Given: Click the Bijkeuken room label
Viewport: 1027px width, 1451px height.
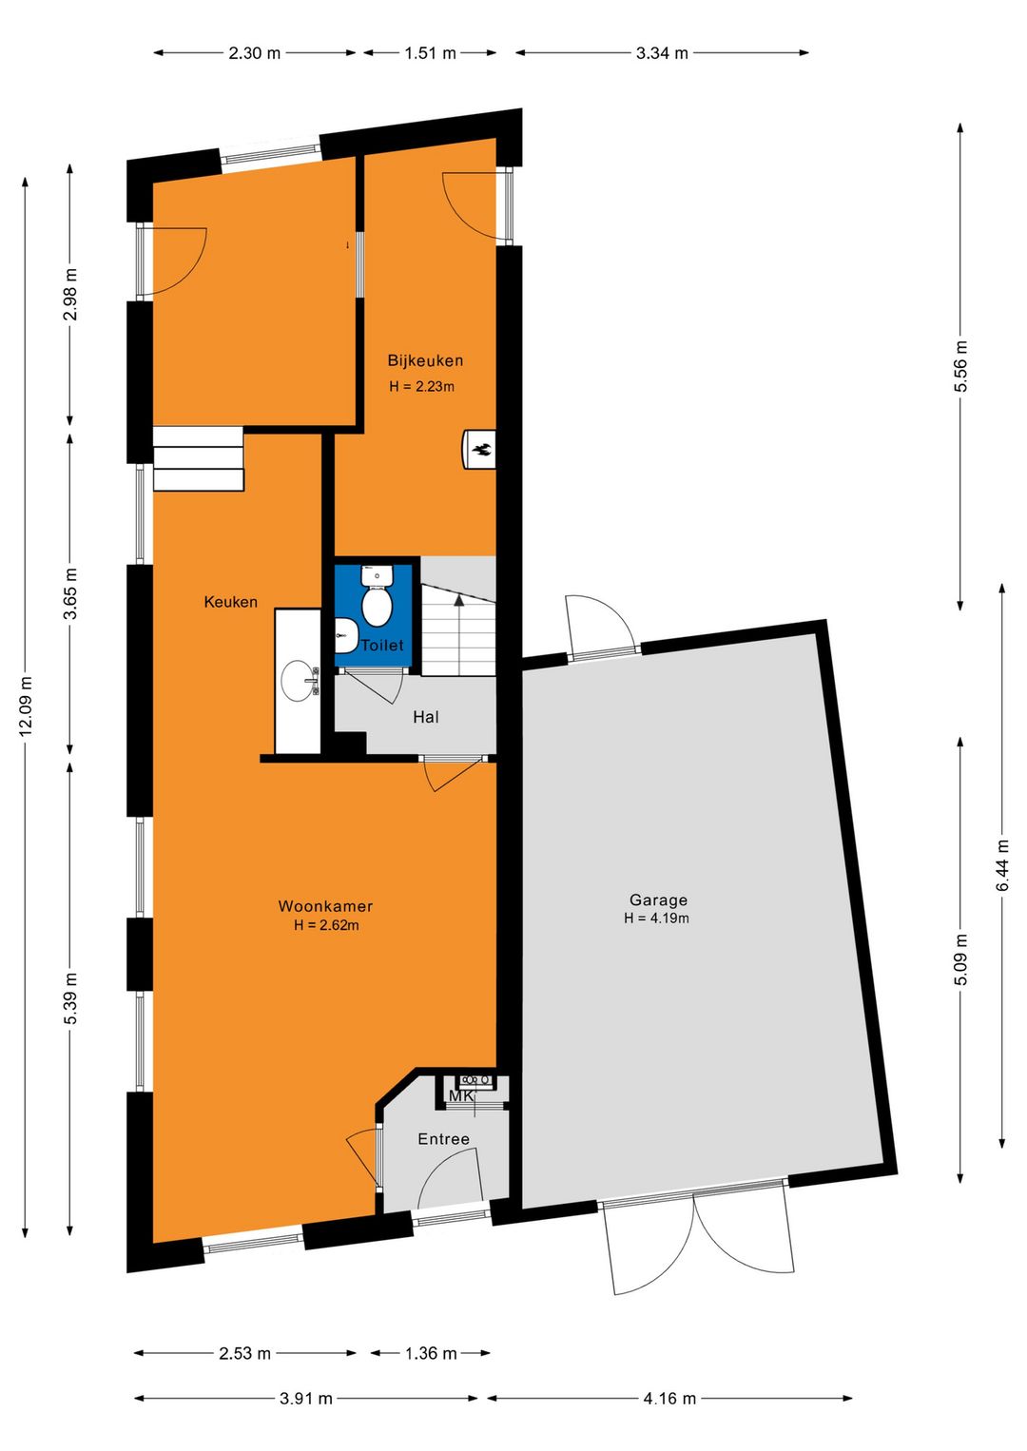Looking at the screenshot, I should tap(425, 360).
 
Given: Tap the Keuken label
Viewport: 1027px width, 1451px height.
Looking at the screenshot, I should tap(230, 602).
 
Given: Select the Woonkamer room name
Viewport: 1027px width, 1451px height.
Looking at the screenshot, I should tap(325, 906).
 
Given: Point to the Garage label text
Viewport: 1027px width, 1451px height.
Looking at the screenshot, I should tap(658, 900).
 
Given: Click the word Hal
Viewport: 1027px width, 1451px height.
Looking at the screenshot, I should tap(426, 717).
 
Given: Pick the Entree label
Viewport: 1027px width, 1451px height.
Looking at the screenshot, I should tap(443, 1139).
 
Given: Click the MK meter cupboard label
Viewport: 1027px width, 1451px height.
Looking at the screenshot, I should tap(460, 1096).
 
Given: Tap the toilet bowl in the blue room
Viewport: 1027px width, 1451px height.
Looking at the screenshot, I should tap(378, 607).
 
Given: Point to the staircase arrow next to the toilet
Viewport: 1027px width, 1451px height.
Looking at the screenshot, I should tap(459, 601).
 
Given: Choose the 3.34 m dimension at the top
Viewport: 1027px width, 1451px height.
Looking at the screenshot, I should tap(662, 53).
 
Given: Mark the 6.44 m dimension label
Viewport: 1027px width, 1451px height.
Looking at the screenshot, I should tap(1002, 865).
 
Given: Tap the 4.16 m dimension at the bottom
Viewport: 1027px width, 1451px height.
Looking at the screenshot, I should tap(669, 1399).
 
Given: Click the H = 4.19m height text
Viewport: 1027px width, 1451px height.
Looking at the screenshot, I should tap(656, 919).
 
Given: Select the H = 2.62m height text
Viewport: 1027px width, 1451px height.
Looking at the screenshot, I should tap(326, 925).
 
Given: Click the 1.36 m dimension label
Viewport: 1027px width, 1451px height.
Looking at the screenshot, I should tap(431, 1353).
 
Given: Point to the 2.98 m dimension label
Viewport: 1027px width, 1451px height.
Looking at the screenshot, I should tap(70, 295).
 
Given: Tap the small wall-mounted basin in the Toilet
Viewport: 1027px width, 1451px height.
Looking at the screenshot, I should tap(345, 635).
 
